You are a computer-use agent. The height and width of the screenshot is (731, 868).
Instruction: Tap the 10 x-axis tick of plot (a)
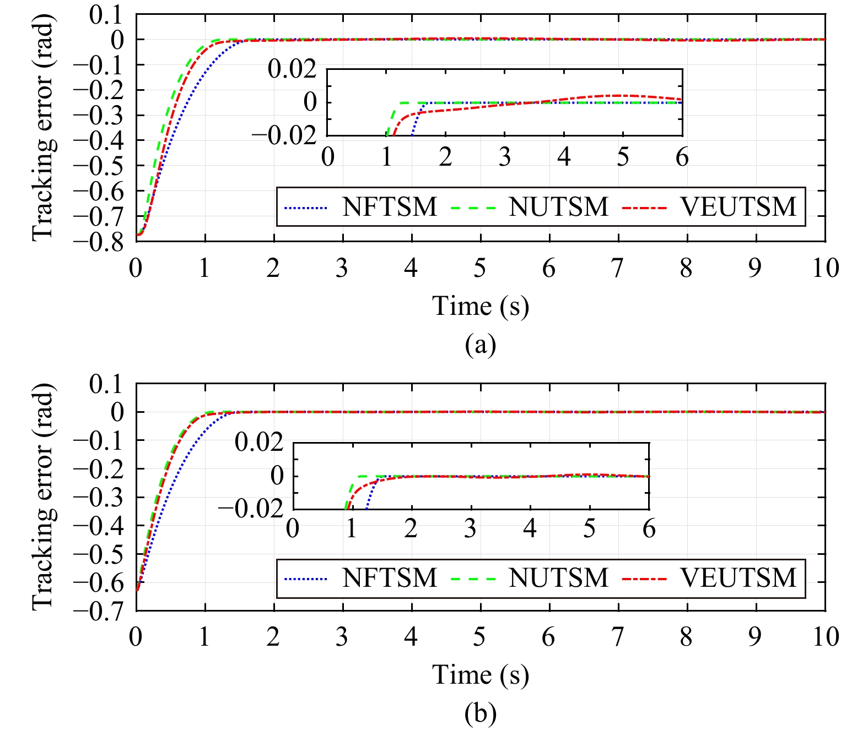click(x=825, y=269)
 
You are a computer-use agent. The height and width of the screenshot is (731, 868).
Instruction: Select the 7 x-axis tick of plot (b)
click(x=618, y=637)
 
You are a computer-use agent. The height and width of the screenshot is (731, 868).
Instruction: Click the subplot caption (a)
click(x=481, y=345)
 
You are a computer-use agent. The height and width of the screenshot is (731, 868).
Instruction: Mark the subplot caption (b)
click(x=481, y=714)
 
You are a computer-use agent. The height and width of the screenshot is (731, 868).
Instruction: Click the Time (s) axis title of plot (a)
click(x=481, y=306)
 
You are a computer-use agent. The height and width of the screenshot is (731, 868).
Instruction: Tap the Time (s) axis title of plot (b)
click(x=481, y=675)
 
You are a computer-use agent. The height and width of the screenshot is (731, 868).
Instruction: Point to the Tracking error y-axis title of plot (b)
click(x=43, y=497)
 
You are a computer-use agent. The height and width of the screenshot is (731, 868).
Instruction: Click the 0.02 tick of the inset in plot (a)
click(x=292, y=70)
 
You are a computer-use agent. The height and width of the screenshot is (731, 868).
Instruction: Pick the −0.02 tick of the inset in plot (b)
click(x=251, y=508)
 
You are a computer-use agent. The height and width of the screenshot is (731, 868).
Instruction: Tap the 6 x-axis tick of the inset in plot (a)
click(x=682, y=157)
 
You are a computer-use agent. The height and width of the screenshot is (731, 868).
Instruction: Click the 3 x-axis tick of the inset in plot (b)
click(x=470, y=529)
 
